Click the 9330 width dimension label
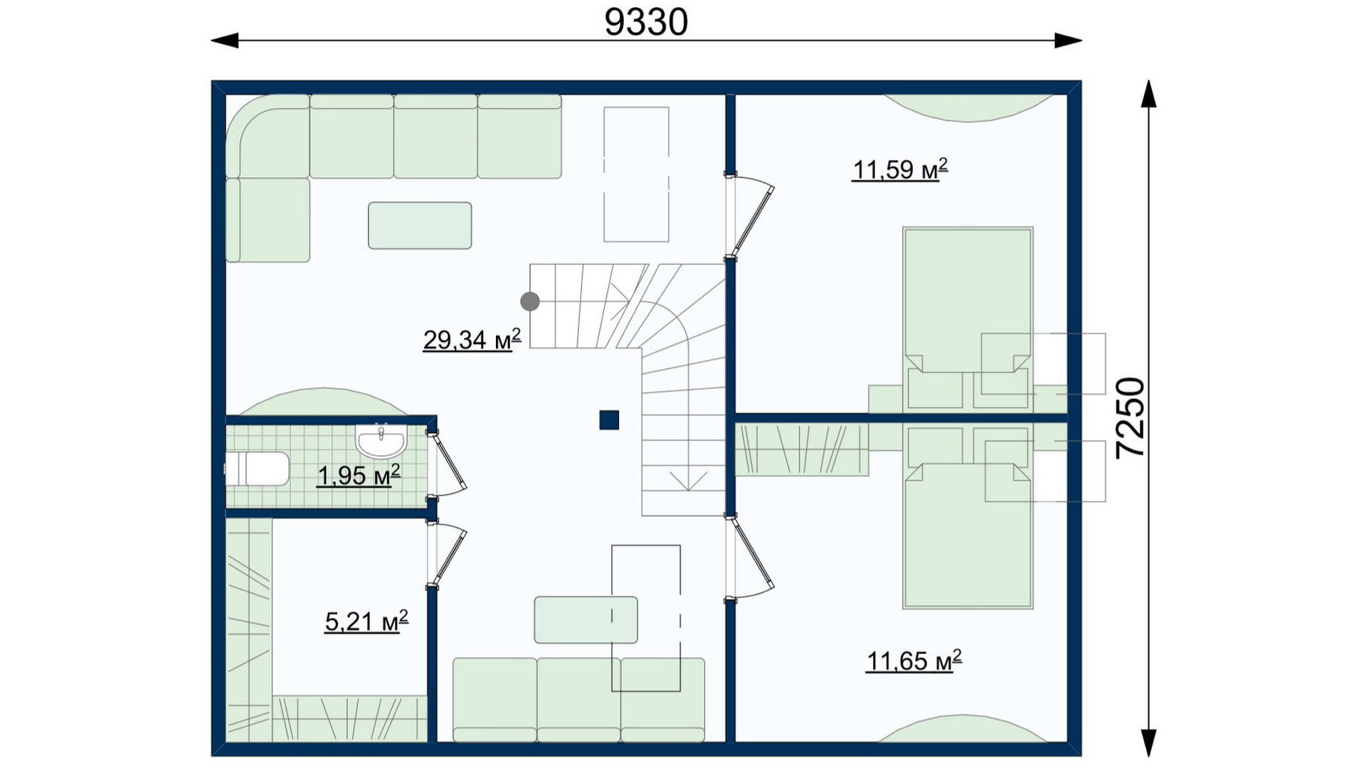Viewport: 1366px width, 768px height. coord(646,22)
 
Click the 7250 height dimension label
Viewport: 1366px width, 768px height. coord(1131,417)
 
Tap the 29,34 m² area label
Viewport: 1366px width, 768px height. coord(472,340)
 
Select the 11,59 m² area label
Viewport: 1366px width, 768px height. coord(900,169)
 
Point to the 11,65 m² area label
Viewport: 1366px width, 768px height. coord(914,661)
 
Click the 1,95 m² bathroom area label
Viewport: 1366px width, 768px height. coord(358,475)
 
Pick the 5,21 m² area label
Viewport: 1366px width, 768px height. coord(366,622)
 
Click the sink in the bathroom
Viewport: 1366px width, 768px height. coord(381,441)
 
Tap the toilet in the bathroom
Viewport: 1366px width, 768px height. coord(257,469)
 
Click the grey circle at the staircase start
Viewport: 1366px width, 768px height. coord(530,302)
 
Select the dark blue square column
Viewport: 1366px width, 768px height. coord(609,420)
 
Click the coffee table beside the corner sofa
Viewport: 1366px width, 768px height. coord(420,225)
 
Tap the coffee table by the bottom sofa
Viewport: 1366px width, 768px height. coord(586,619)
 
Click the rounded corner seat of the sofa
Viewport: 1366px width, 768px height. coord(268,136)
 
